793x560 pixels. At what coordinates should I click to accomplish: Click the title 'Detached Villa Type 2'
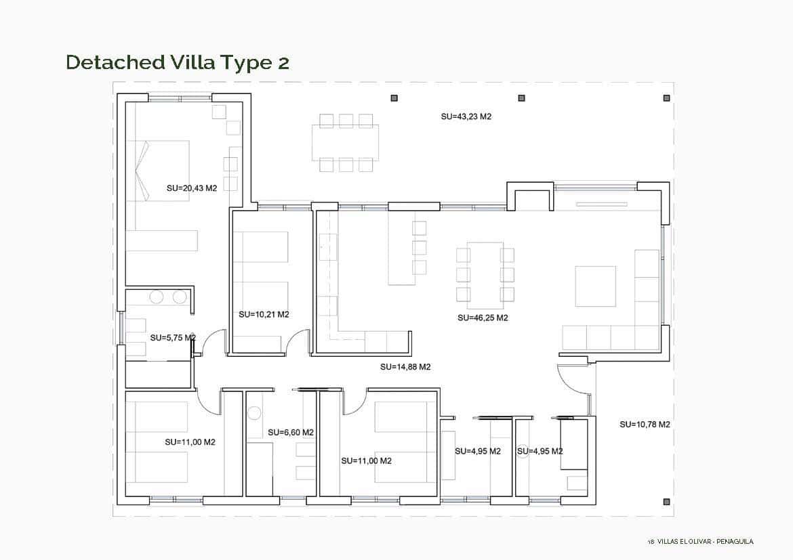178,62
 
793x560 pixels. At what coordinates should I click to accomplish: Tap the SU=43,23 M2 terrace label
466,116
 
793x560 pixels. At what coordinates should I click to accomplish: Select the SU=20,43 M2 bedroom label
191,188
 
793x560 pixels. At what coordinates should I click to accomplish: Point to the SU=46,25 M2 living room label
483,318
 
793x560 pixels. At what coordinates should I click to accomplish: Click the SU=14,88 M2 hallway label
405,367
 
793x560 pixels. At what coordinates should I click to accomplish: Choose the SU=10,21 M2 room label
264,314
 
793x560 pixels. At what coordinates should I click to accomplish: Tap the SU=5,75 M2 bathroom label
173,337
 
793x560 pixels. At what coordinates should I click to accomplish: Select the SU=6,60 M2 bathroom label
290,432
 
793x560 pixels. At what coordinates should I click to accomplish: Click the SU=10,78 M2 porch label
645,425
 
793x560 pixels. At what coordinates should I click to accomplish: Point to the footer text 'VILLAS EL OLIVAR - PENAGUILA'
705,541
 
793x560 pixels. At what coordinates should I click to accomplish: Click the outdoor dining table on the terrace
345,142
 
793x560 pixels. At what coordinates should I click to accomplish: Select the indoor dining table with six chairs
485,275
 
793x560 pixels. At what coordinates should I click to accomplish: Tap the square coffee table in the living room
595,286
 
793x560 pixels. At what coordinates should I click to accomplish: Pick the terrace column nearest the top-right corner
666,98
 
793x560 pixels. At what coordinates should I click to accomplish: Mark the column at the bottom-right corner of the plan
666,502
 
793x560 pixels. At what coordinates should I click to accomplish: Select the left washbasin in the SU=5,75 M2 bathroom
157,297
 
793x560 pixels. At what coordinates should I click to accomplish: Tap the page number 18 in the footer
651,541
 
